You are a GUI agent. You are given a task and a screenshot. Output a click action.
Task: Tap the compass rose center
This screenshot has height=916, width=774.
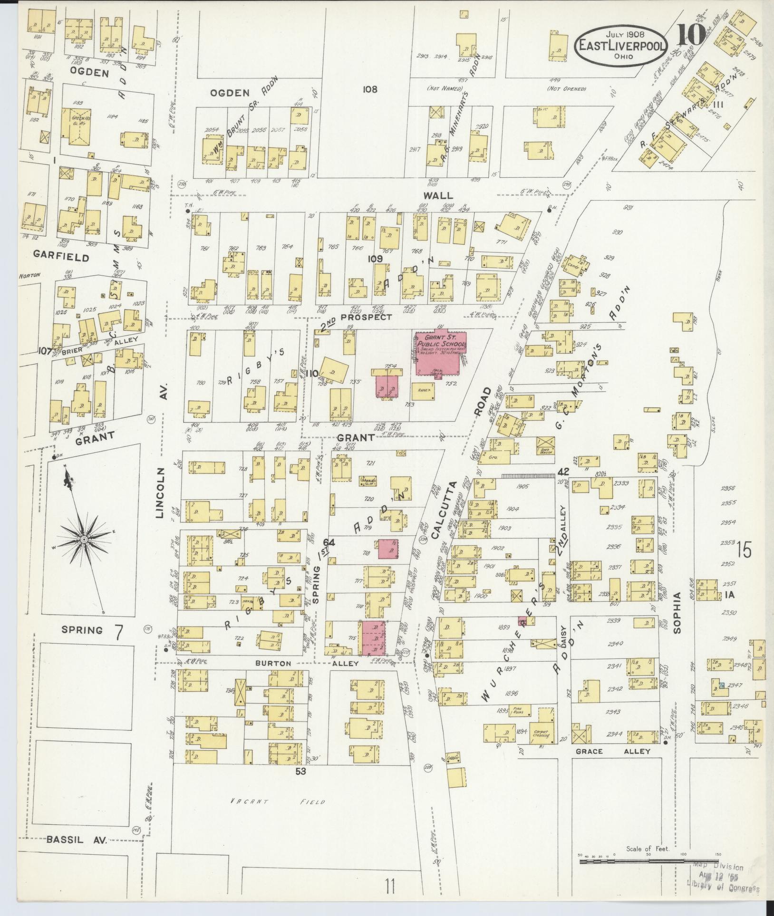pyautogui.click(x=84, y=539)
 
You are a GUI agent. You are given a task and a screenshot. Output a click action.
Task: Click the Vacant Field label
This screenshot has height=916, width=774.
pyautogui.click(x=278, y=801)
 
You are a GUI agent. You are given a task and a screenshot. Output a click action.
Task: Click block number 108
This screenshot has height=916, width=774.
pyautogui.click(x=369, y=89)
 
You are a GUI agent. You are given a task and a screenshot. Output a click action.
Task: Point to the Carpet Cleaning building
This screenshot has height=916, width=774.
pyautogui.click(x=542, y=733)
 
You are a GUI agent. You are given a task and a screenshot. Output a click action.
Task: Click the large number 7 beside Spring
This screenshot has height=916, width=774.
pyautogui.click(x=119, y=631)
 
